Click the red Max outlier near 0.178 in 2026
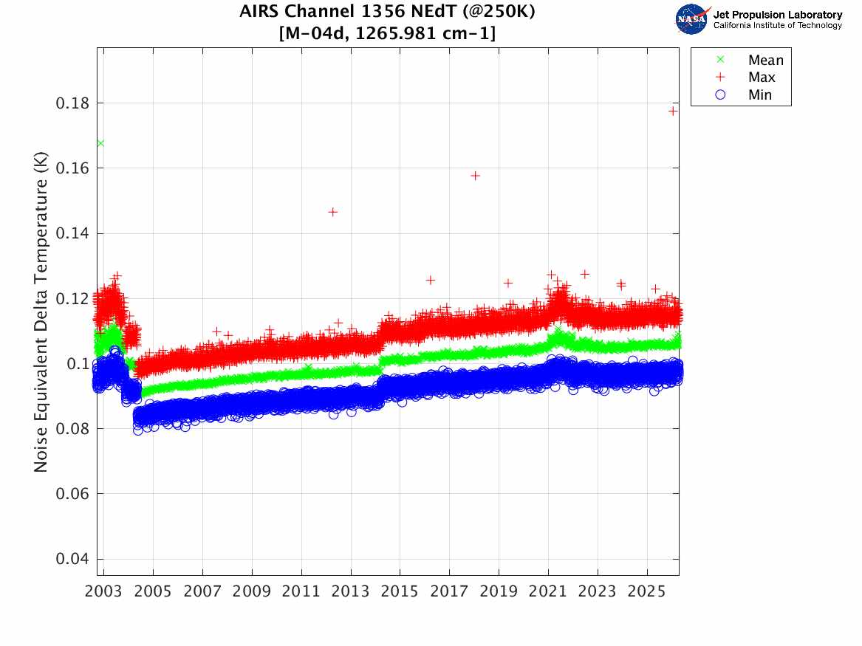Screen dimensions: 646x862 point(673,111)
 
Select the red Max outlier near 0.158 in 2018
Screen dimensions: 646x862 point(476,176)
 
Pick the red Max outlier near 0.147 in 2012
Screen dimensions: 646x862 point(332,212)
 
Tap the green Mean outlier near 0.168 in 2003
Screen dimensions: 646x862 point(100,143)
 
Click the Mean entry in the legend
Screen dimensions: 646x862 point(764,61)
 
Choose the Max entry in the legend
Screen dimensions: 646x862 point(762,78)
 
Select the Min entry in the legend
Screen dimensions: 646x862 point(759,95)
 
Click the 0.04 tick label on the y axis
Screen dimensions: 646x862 point(71,559)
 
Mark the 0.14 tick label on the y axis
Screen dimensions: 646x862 point(71,233)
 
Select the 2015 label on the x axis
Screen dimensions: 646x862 point(400,592)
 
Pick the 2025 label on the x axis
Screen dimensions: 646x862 point(647,592)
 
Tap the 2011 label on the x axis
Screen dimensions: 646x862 point(301,592)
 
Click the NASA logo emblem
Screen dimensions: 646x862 point(692,19)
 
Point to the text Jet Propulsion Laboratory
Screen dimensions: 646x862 point(778,15)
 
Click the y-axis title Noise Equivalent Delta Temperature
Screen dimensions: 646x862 point(41,316)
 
